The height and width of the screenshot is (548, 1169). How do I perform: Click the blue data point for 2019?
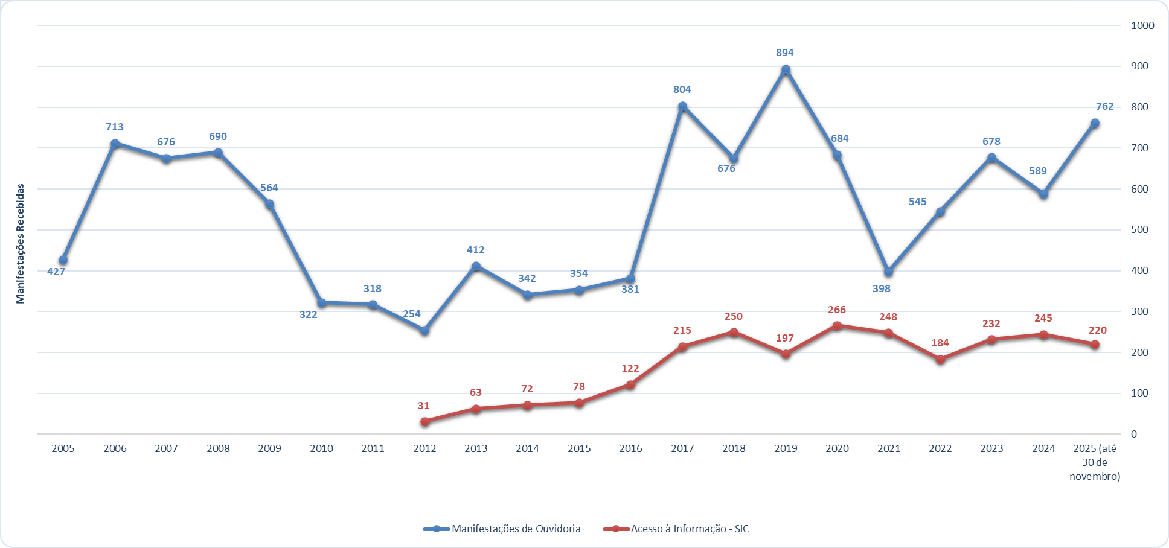point(786,70)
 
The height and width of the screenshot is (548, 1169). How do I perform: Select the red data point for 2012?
point(424,422)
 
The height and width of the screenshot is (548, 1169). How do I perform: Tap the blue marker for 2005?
point(63,260)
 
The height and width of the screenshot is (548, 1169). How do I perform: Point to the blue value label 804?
point(682,89)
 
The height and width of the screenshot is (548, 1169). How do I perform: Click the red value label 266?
point(837,310)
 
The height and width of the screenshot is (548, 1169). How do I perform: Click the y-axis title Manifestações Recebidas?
point(21,243)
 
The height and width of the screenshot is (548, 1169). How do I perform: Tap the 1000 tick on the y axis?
point(1142,25)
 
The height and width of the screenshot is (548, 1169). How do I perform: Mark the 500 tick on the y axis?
point(1139,229)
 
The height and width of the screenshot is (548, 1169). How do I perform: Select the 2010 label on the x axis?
point(321,448)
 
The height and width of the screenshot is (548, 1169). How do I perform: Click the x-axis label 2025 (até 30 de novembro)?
point(1095,462)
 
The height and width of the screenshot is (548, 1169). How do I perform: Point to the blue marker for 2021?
point(888,272)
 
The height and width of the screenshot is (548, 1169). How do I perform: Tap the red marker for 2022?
point(940,359)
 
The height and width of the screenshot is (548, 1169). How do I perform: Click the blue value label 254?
point(412,314)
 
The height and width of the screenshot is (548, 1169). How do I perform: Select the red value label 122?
point(630,368)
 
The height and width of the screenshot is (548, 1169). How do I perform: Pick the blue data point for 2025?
point(1095,124)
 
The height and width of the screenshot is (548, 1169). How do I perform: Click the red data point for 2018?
point(734,332)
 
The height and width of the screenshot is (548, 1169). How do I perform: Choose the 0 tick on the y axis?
point(1134,434)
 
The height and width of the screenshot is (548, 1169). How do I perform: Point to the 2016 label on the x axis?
point(630,448)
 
